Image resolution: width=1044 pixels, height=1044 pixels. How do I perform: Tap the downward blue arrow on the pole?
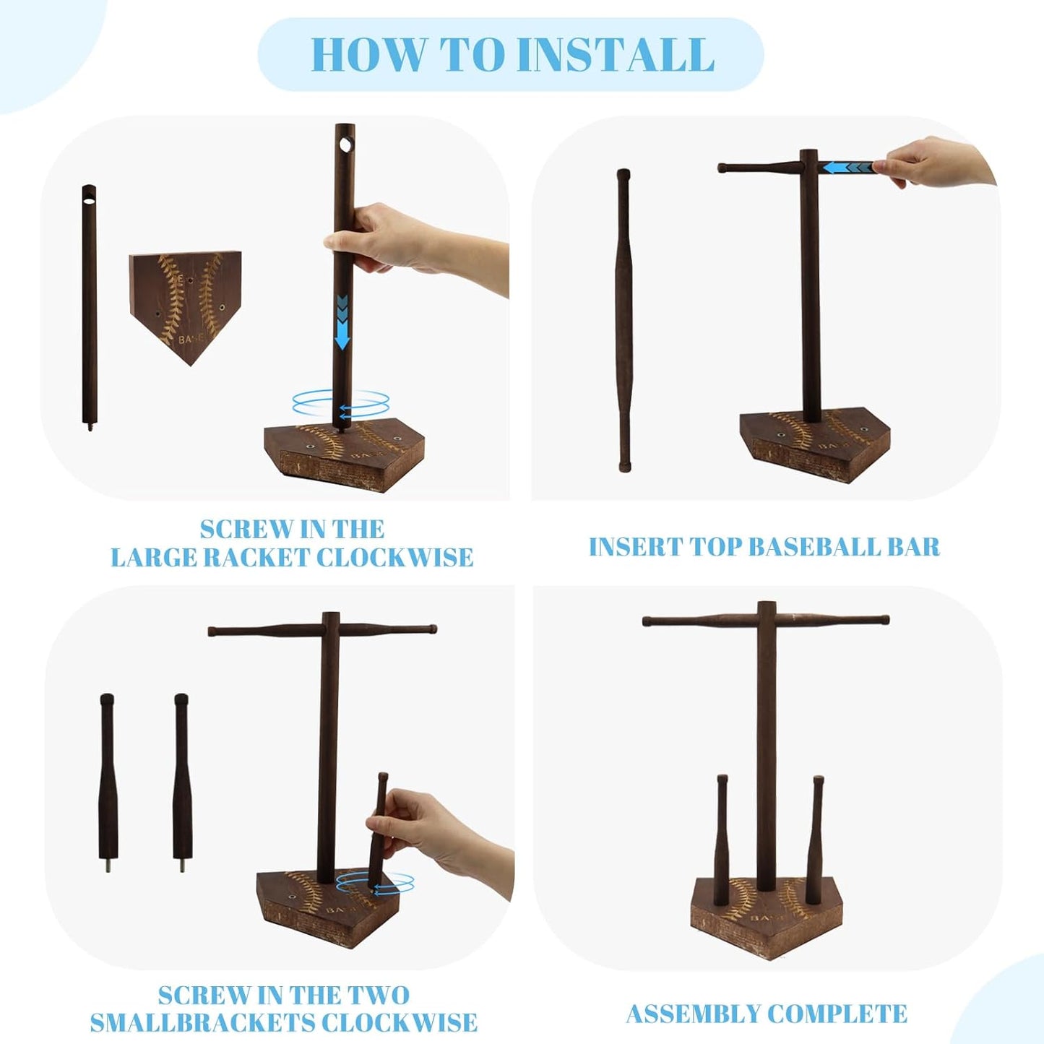pyautogui.click(x=342, y=323)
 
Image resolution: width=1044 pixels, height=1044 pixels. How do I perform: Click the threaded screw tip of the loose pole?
pyautogui.click(x=89, y=426)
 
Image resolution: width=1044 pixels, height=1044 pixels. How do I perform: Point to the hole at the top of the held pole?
pyautogui.click(x=345, y=144)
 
